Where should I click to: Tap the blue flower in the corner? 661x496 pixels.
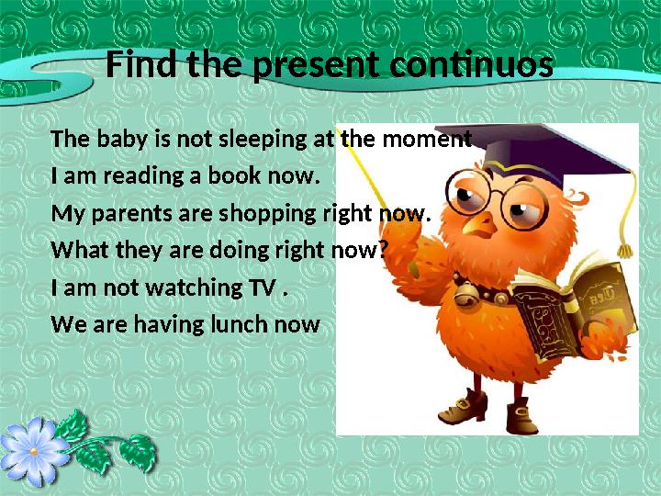pyautogui.click(x=35, y=449)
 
